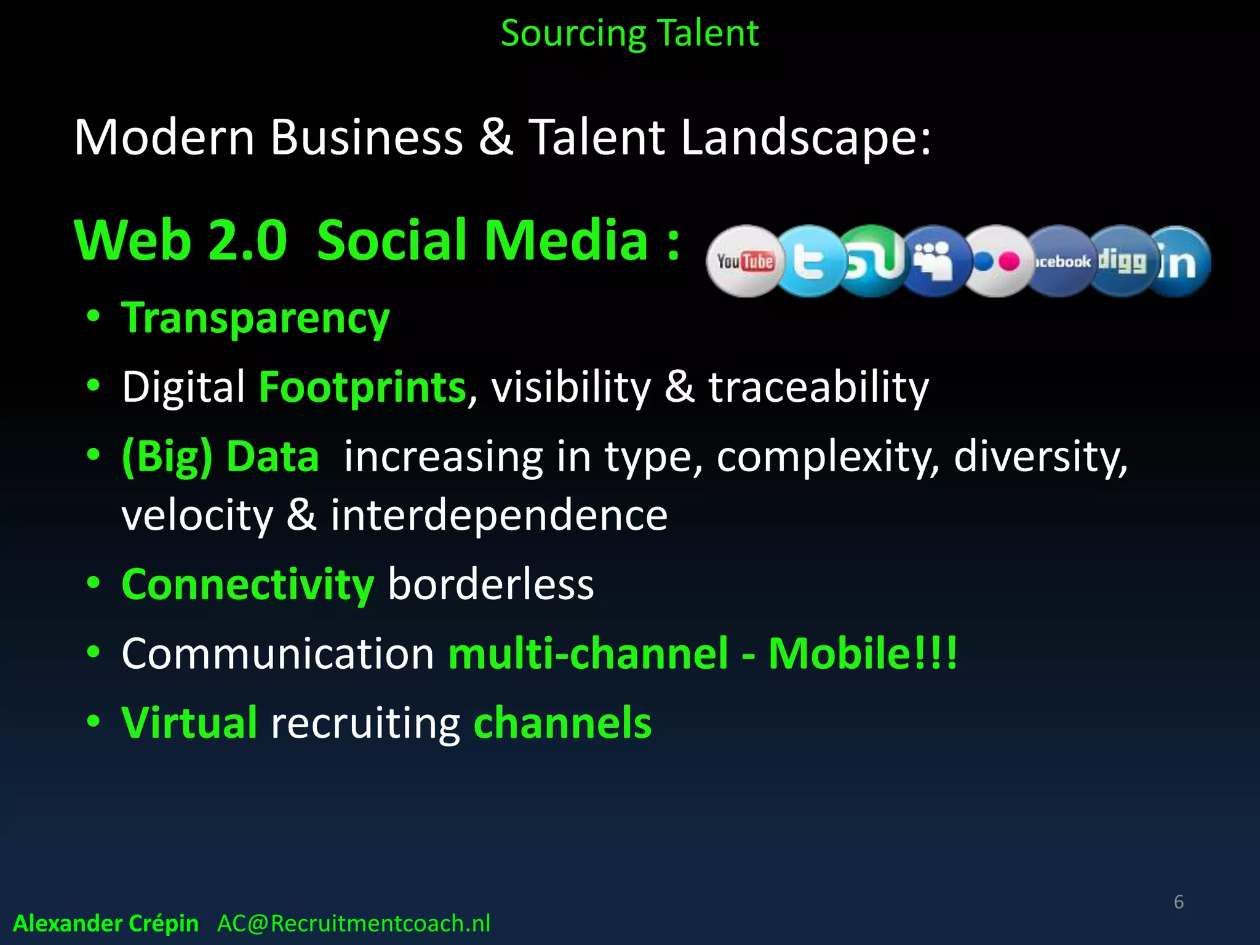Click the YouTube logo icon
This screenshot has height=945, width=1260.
pyautogui.click(x=745, y=261)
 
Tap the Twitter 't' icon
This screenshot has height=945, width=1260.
pyautogui.click(x=808, y=261)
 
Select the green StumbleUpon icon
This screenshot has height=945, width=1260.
pyautogui.click(x=872, y=261)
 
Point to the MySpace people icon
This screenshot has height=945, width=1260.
pyautogui.click(x=934, y=261)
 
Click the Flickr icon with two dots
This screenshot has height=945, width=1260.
pyautogui.click(x=997, y=261)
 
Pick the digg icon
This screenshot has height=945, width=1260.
pyautogui.click(x=1122, y=261)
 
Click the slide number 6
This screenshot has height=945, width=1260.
pyautogui.click(x=1178, y=902)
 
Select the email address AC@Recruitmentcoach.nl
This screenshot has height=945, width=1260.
pyautogui.click(x=354, y=923)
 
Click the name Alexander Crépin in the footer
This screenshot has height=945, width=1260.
pyautogui.click(x=106, y=923)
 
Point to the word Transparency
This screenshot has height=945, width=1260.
pyautogui.click(x=255, y=319)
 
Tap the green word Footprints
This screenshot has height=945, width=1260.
pyautogui.click(x=362, y=387)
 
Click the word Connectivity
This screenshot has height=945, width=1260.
pyautogui.click(x=247, y=584)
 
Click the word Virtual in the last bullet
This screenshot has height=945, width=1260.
pyautogui.click(x=189, y=722)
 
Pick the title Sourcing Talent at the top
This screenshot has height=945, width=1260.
pyautogui.click(x=629, y=33)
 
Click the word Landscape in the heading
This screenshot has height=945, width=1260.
pyautogui.click(x=806, y=137)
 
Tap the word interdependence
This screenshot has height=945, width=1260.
pyautogui.click(x=499, y=514)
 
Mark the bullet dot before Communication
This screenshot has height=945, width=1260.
pyautogui.click(x=93, y=652)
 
